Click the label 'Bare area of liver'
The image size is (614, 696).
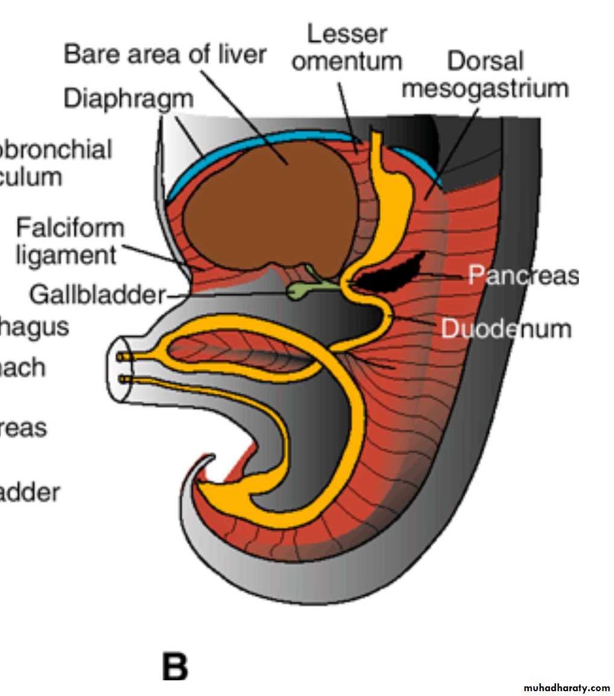(165, 54)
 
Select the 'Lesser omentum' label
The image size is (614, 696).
(346, 47)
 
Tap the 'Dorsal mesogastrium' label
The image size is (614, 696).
(486, 74)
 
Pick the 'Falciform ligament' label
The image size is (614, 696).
(69, 241)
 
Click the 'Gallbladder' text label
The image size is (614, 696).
(97, 295)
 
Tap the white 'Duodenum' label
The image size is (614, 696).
(506, 329)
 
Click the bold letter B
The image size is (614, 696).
(175, 667)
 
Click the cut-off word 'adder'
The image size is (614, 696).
(30, 493)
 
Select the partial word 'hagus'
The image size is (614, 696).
(34, 327)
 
